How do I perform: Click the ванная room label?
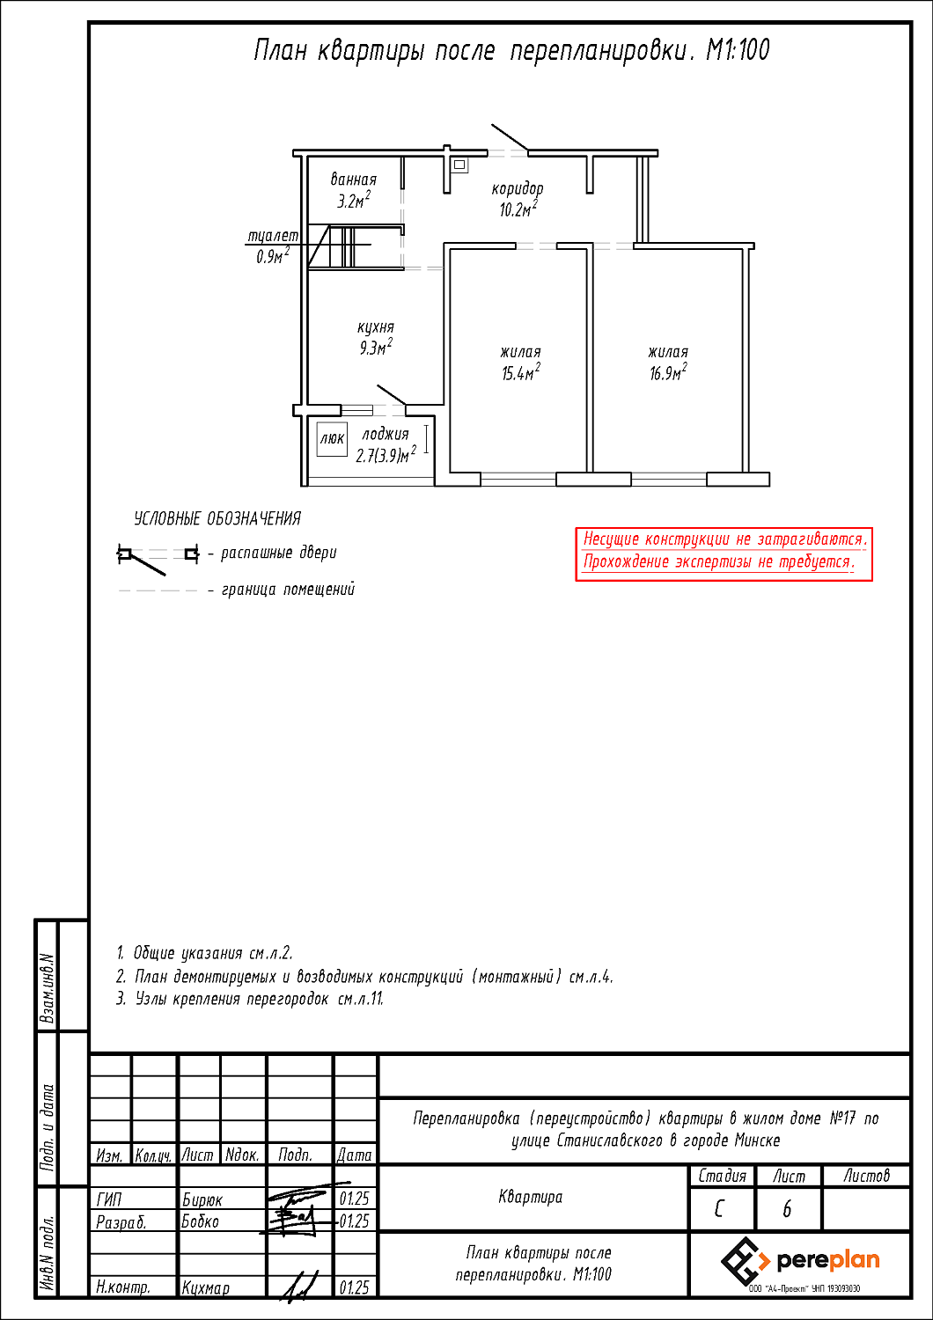[354, 180]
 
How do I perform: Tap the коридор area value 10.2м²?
[518, 209]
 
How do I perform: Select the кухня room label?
[376, 327]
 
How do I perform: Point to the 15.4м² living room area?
[520, 373]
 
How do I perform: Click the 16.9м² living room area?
[668, 373]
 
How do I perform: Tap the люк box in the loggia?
[332, 438]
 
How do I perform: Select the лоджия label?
[386, 434]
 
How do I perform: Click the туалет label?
[273, 236]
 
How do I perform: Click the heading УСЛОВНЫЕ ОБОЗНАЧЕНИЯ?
[217, 519]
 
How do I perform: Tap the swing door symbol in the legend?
[157, 555]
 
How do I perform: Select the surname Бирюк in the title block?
[202, 1199]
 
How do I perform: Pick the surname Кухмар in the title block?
[206, 1287]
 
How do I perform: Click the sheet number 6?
[787, 1210]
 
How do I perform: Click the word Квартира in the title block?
[530, 1197]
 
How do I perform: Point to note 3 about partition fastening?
[251, 1000]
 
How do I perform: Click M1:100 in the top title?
[738, 50]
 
